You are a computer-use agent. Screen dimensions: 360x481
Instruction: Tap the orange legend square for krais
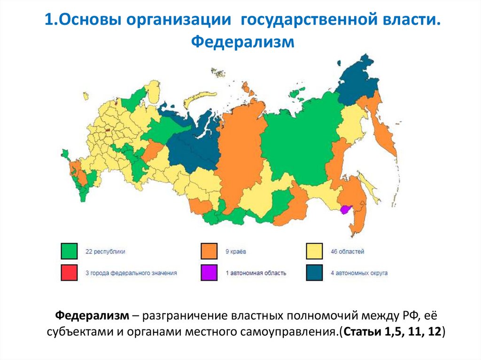[209, 251]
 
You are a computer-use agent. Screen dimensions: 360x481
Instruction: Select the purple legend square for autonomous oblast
[209, 273]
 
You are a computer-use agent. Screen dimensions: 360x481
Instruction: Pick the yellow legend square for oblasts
[314, 251]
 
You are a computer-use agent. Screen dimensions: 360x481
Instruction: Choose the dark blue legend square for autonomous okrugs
[314, 273]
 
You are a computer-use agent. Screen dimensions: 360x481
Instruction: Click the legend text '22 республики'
[105, 252]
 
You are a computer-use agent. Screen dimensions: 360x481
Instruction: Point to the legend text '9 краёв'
[236, 252]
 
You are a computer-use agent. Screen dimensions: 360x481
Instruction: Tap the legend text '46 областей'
[348, 252]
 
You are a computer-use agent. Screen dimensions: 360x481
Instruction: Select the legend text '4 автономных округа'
[359, 273]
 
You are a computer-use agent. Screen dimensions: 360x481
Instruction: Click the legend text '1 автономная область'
[256, 273]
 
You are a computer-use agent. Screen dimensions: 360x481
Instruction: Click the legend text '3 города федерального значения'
[131, 273]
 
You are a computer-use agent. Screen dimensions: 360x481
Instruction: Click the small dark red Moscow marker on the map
[108, 132]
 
